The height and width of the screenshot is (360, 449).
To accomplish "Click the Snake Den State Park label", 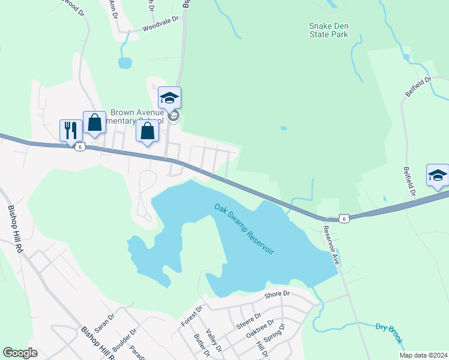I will [x=328, y=30].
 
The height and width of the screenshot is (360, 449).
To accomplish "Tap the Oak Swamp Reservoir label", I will [x=244, y=229].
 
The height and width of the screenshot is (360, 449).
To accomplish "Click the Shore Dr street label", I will [x=277, y=294].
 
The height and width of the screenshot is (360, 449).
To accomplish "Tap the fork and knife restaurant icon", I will [x=71, y=130].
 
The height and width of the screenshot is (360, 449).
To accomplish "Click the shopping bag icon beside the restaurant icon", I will [x=94, y=122].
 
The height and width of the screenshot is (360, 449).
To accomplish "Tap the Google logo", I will [x=20, y=353].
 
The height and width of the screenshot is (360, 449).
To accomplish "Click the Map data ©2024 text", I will [x=423, y=355].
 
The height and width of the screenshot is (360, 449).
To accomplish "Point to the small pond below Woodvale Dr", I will [x=125, y=62].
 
